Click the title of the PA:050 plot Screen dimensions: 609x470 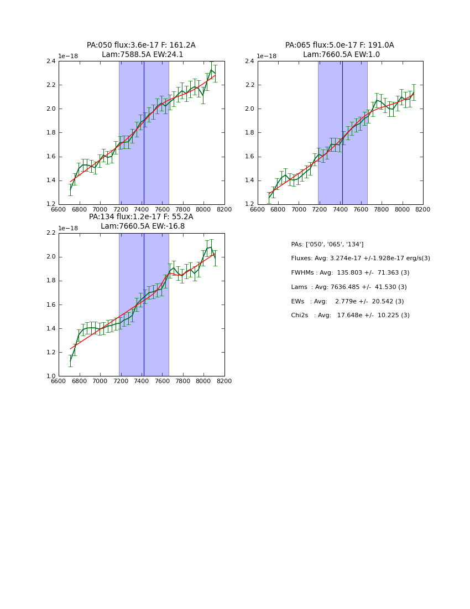(141, 50)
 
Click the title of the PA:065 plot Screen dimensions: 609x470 (340, 50)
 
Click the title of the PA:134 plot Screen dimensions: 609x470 (141, 221)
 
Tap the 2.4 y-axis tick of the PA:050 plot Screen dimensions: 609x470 (50, 61)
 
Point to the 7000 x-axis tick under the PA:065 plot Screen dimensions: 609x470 (299, 209)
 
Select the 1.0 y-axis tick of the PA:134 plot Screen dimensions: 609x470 (50, 376)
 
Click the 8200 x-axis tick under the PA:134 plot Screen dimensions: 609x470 (224, 381)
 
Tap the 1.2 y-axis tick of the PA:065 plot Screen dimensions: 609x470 (249, 204)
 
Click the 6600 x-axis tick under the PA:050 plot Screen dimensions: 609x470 (59, 209)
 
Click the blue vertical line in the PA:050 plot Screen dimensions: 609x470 (144, 133)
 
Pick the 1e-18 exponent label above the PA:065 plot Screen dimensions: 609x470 (267, 56)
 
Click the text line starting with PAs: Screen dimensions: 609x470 (327, 244)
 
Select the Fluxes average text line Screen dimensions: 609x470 (361, 259)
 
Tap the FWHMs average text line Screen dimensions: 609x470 (350, 272)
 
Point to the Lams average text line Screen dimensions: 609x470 (349, 287)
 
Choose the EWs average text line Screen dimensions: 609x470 (347, 301)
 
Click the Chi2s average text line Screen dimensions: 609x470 (350, 315)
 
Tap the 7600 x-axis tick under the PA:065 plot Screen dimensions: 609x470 (361, 209)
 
